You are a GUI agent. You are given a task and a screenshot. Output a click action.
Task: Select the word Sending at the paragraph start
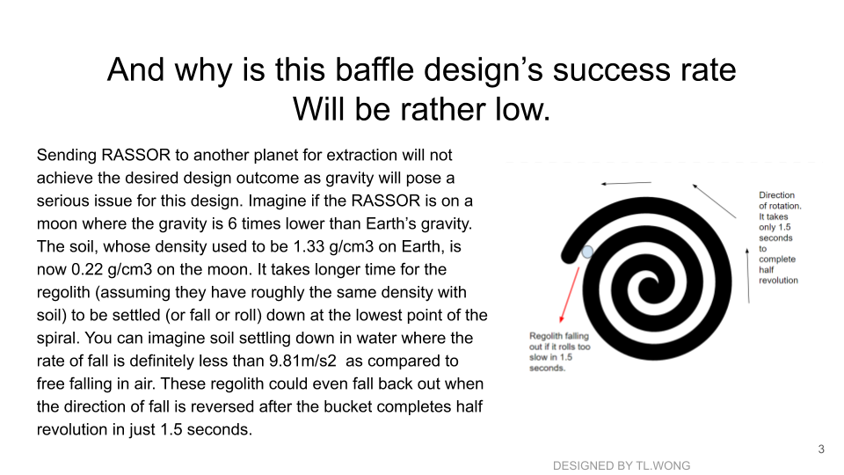coord(67,156)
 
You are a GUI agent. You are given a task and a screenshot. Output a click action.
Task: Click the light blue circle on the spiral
coord(587,252)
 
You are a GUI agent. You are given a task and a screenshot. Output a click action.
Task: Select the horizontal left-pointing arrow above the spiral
coord(626,183)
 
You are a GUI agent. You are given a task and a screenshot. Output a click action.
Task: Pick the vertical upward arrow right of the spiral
coord(747,275)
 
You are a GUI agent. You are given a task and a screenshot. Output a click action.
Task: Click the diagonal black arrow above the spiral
coord(714,201)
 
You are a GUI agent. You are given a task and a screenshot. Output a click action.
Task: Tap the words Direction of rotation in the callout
coord(780,201)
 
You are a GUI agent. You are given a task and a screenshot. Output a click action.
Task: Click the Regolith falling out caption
coord(560,352)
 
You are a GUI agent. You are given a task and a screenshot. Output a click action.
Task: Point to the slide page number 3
coord(821,449)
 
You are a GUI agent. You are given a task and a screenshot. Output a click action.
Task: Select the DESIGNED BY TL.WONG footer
coord(622,466)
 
